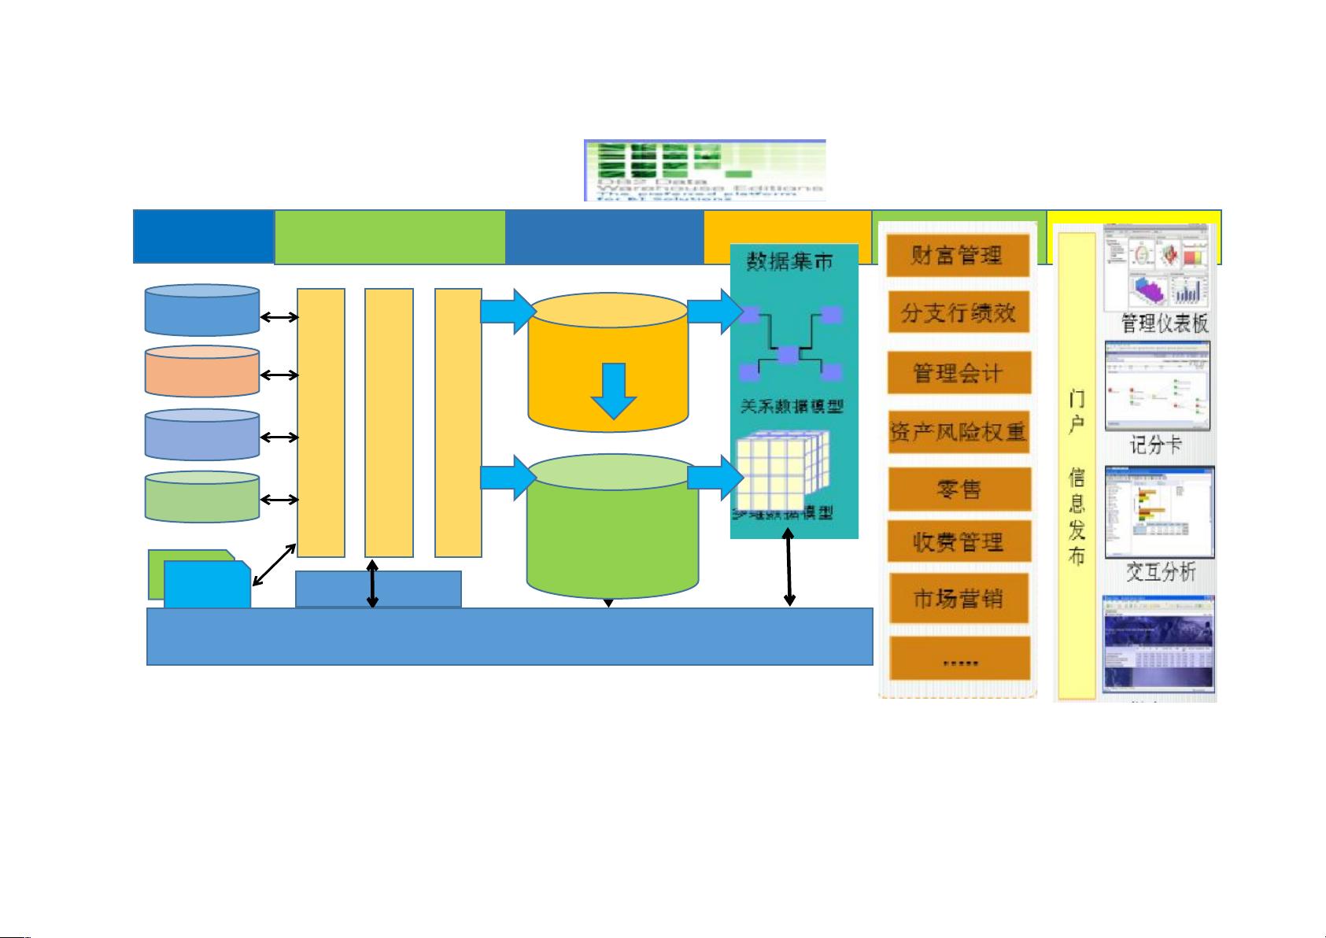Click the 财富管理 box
tap(958, 255)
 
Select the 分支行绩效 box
tap(958, 313)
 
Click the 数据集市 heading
tap(789, 261)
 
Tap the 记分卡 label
tap(1156, 445)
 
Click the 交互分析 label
tap(1160, 572)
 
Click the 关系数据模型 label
tap(792, 406)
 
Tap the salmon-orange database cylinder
tap(202, 371)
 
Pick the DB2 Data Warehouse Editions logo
tap(704, 170)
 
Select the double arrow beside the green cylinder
tap(279, 500)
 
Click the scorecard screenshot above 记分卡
tap(1157, 386)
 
